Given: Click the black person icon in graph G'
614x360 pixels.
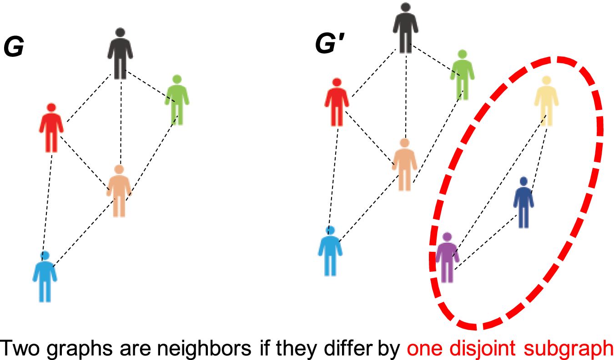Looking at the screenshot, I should tap(405, 28).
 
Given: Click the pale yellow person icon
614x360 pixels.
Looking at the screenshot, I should tap(546, 100).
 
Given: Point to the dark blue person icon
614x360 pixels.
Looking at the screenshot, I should tap(523, 203).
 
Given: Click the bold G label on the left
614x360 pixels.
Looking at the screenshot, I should tap(14, 47).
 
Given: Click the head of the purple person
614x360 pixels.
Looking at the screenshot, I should tap(447, 237).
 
